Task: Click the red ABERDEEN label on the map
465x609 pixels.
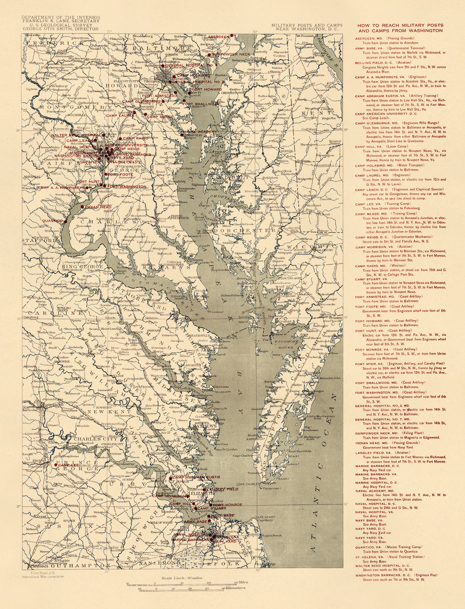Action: tap(218, 37)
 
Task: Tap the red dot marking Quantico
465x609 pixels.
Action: tap(65, 221)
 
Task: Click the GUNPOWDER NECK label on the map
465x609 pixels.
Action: tap(231, 55)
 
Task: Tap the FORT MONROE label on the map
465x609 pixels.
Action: tap(227, 505)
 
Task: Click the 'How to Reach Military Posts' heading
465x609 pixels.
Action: tap(400, 28)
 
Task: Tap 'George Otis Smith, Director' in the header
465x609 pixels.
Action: tap(60, 29)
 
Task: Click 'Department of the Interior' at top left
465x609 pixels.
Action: tap(61, 18)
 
